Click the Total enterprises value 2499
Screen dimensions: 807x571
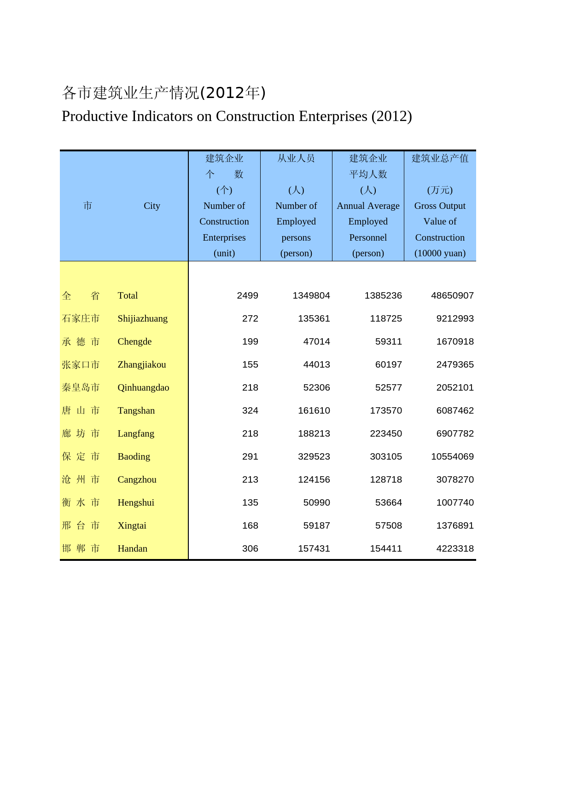[247, 296]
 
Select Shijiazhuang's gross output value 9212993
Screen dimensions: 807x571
[454, 319]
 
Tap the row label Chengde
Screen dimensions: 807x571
[134, 342]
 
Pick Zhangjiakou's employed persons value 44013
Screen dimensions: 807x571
[316, 365]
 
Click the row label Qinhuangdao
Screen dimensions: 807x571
[143, 388]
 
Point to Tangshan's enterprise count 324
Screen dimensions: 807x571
[250, 411]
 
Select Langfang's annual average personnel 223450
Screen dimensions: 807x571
[385, 434]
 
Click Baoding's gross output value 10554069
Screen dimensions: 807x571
[452, 457]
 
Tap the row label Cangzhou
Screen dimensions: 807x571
[137, 480]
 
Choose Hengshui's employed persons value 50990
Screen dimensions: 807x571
[316, 503]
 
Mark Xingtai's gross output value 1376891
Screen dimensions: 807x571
[454, 526]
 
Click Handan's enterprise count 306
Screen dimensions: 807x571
[250, 549]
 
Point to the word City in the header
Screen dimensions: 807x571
[151, 206]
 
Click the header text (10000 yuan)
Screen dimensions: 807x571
[440, 254]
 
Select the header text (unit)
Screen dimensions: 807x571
[224, 254]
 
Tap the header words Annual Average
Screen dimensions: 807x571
[368, 206]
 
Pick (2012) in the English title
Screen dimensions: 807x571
[391, 116]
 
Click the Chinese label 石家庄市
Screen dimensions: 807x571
[81, 319]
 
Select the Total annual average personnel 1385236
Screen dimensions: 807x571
[383, 296]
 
